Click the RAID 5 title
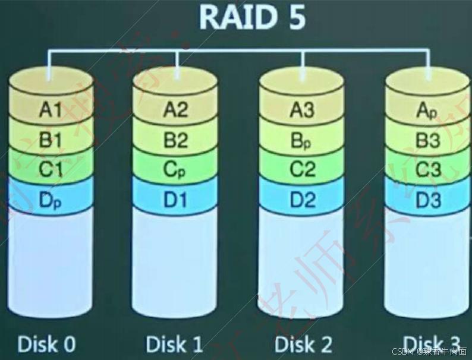tap(252, 17)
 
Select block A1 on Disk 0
tap(51, 109)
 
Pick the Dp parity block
tap(51, 200)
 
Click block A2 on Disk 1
tap(175, 109)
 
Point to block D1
tap(175, 200)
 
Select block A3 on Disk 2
tap(303, 109)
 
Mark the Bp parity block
tap(303, 141)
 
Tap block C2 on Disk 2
tap(303, 170)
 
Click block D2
tap(303, 200)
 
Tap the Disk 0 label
tap(47, 343)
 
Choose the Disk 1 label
tap(175, 343)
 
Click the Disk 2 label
tap(303, 343)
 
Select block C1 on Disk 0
tap(51, 170)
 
